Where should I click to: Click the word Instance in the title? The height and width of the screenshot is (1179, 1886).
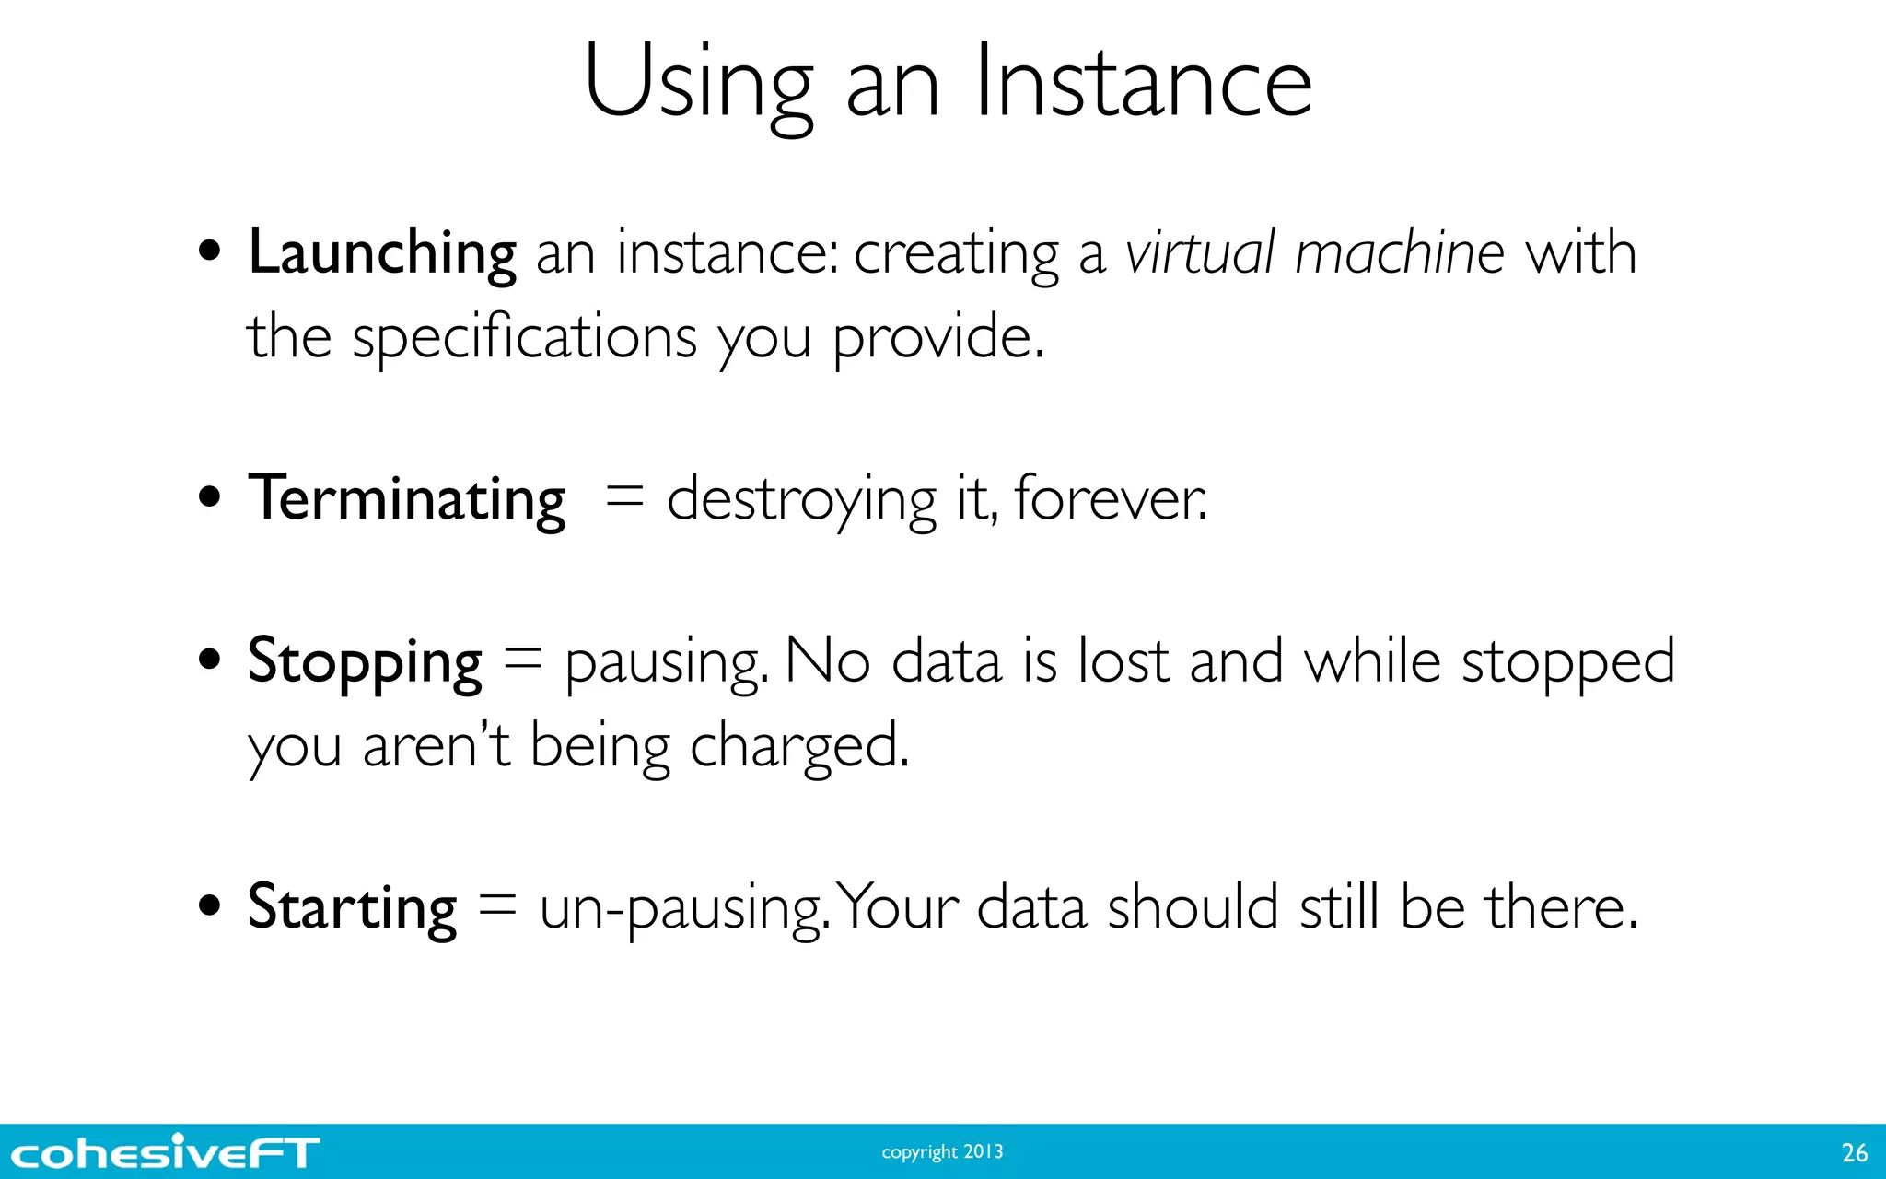click(1142, 83)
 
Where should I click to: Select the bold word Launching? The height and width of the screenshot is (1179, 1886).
click(381, 252)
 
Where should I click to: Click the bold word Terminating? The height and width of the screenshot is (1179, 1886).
click(406, 498)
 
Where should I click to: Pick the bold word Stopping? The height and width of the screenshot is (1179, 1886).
click(365, 661)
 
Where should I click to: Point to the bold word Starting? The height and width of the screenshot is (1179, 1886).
click(352, 907)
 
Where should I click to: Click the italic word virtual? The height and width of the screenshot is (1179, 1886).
click(1200, 252)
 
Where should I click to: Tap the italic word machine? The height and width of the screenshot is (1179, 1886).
click(1399, 252)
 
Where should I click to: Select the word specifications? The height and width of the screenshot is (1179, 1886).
click(524, 337)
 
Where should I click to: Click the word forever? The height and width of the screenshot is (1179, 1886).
click(1109, 498)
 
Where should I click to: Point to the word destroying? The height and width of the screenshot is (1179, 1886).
click(800, 500)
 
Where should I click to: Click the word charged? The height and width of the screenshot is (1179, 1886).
click(798, 746)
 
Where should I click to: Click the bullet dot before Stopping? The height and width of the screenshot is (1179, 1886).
click(210, 660)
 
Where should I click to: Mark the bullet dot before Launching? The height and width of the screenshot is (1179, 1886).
click(210, 251)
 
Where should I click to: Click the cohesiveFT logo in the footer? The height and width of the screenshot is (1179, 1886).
click(165, 1152)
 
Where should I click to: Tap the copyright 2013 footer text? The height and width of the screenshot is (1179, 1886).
click(942, 1152)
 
